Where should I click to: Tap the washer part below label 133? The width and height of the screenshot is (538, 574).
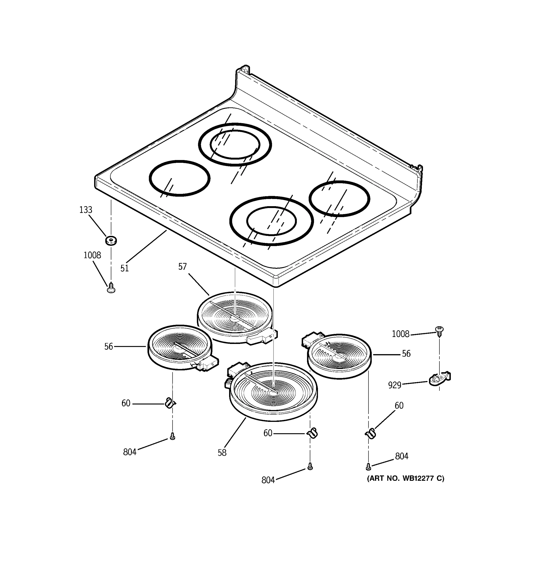111,240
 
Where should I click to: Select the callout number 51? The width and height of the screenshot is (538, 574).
124,268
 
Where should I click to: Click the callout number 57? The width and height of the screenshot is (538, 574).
182,266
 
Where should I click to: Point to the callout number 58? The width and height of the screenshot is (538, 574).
222,453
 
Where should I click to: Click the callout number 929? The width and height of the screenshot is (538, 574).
395,385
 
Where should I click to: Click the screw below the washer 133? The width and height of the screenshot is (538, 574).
111,288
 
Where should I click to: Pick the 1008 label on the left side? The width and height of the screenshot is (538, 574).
92,255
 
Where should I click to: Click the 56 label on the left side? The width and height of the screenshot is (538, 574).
109,347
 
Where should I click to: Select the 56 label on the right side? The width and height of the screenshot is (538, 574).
406,354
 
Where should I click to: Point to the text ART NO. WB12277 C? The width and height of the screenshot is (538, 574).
405,478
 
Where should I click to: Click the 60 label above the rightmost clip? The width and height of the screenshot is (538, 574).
399,406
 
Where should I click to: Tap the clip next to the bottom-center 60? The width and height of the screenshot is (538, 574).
312,433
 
